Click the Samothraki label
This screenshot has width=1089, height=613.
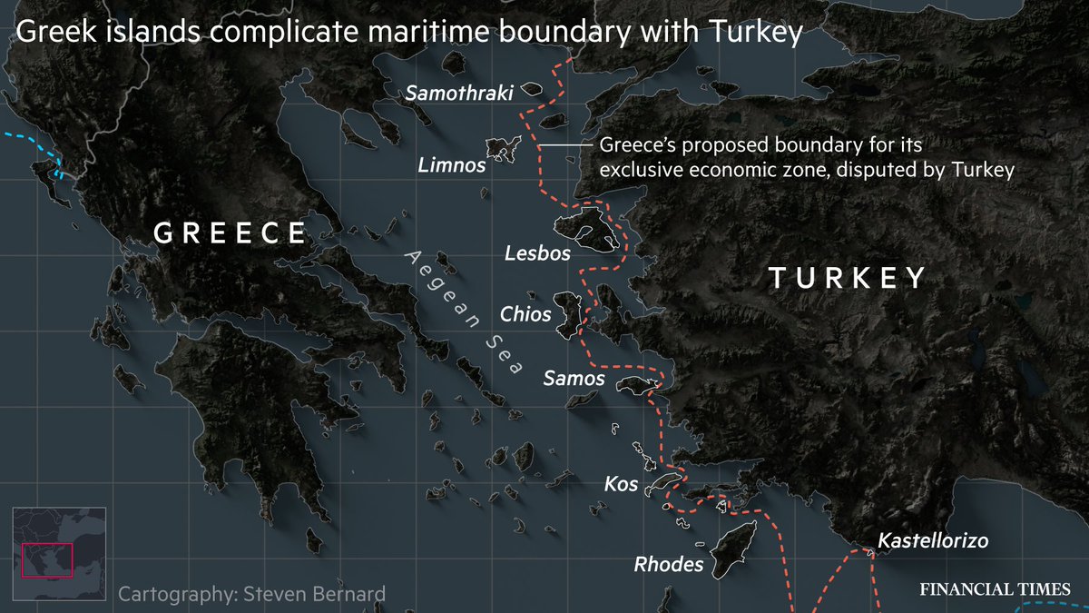pos(460,93)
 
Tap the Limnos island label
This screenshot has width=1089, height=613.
pos(451,165)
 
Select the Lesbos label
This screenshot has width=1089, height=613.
pos(537,253)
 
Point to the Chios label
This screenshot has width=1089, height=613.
pos(525,314)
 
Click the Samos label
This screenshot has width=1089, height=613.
pos(574,378)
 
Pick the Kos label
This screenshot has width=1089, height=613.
pos(621,484)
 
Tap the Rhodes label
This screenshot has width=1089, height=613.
pos(668,565)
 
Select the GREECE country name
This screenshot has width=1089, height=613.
pos(231,233)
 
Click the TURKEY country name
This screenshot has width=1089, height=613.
pos(847,278)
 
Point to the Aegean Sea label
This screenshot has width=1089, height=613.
pos(465,311)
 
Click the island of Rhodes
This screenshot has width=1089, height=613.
pos(733,549)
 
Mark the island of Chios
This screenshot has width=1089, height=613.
pos(569,314)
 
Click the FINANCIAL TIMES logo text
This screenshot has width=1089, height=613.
pos(996,588)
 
